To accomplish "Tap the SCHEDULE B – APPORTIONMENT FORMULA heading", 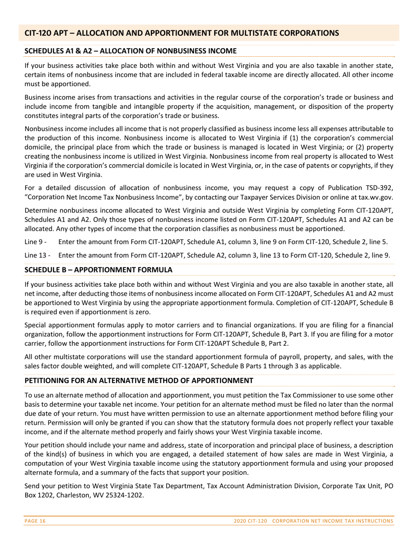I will point(98,269).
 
